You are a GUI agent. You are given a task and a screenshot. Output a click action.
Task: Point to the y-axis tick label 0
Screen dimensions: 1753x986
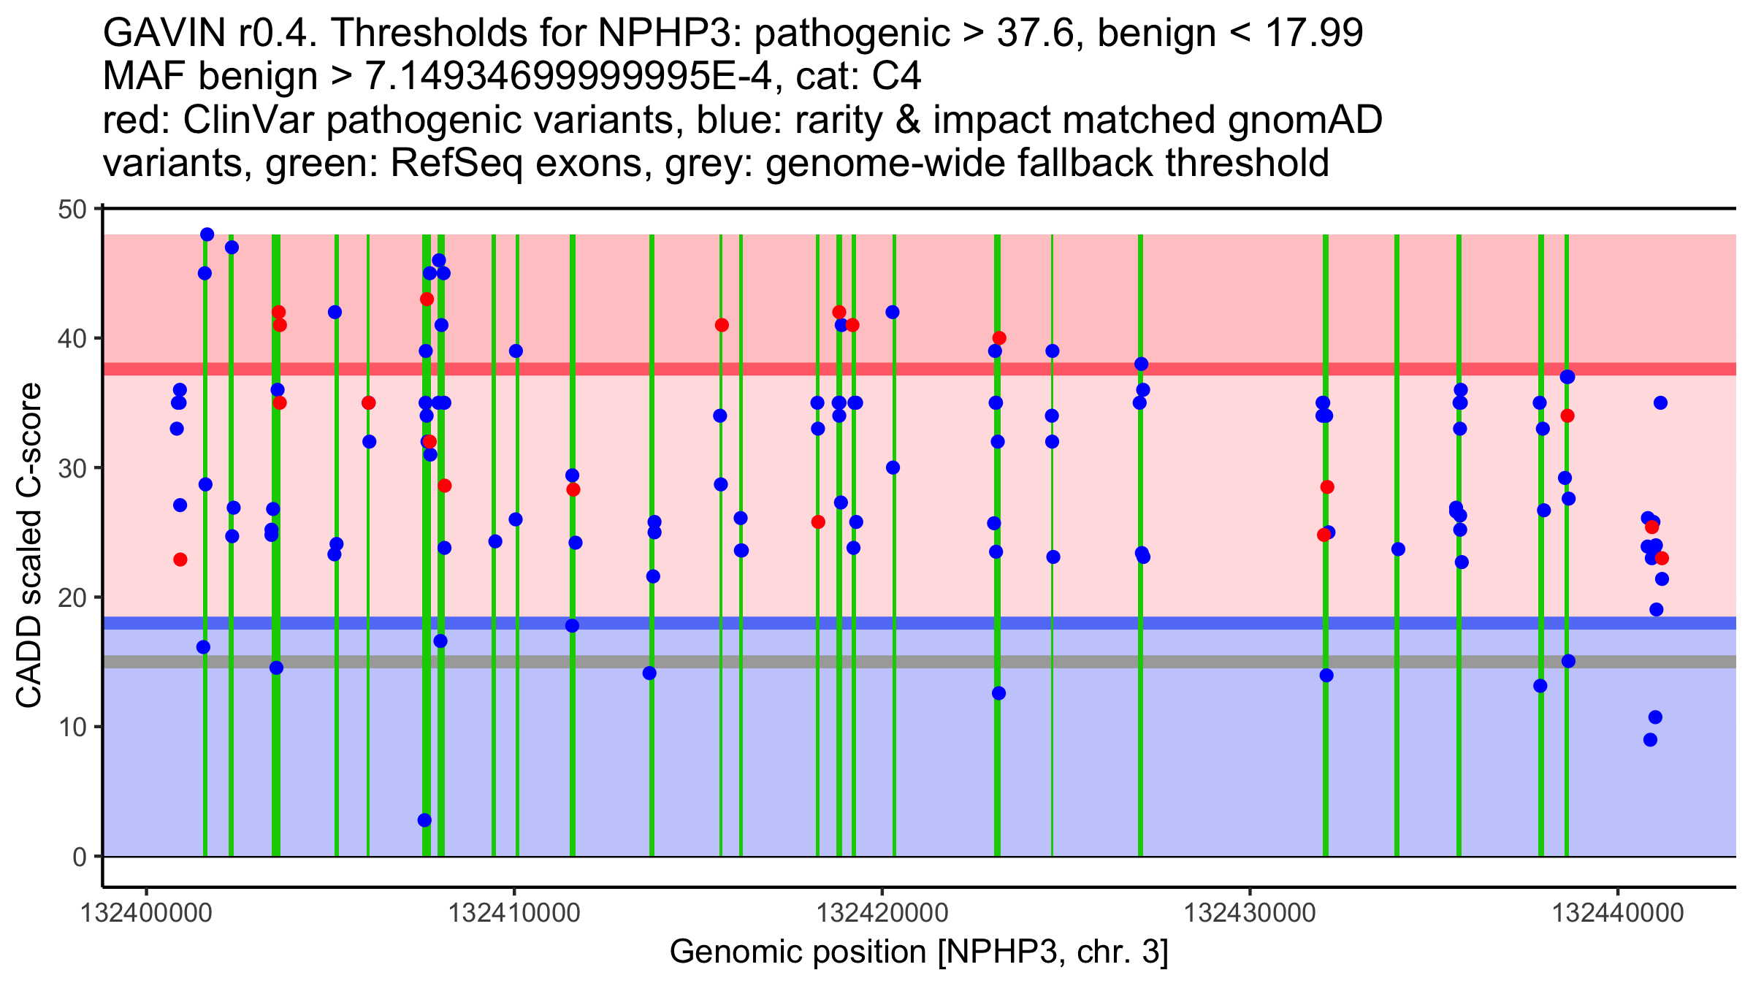(x=79, y=857)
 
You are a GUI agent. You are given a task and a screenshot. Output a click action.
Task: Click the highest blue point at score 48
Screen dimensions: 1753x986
(x=207, y=234)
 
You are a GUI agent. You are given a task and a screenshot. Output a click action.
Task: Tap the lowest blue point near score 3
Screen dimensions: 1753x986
(x=424, y=820)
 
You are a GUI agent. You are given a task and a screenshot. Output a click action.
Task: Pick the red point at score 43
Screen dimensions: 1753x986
(x=427, y=299)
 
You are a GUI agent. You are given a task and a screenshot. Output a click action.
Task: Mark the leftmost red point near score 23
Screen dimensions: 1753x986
(x=180, y=559)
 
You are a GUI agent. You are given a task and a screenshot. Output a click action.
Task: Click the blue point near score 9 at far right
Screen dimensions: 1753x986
(x=1650, y=740)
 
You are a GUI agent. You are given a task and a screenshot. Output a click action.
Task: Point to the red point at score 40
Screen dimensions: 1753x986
(x=999, y=338)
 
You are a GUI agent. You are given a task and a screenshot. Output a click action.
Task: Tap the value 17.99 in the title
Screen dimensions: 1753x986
(x=1313, y=33)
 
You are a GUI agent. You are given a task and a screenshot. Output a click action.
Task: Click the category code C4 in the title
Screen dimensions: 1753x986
(x=896, y=76)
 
